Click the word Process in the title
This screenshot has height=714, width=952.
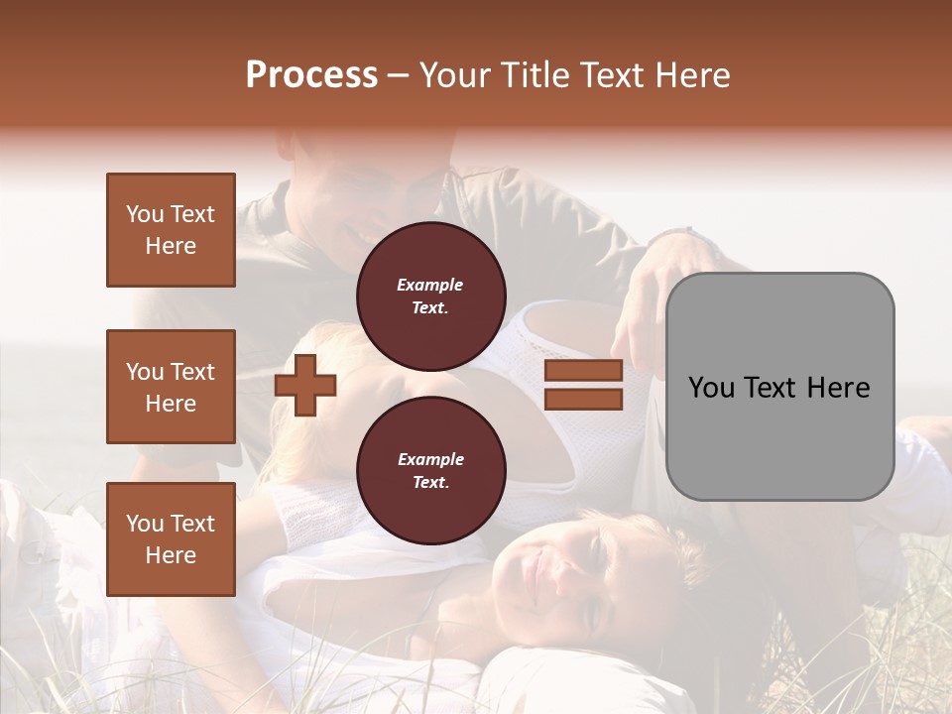click(x=311, y=75)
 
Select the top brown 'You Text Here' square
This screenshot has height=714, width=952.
click(x=171, y=230)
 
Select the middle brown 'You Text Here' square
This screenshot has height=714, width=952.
click(x=171, y=387)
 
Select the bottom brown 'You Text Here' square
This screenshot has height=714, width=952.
click(x=171, y=538)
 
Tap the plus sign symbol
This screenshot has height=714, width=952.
click(x=305, y=384)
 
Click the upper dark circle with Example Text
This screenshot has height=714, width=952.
click(x=430, y=297)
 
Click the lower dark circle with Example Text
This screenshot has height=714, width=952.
click(x=430, y=471)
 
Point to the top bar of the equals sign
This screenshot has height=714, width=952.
click(x=583, y=370)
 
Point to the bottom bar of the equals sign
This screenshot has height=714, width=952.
click(x=583, y=399)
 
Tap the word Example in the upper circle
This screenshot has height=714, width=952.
click(x=430, y=285)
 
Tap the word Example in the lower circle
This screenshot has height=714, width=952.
click(x=430, y=459)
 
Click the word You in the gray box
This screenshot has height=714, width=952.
click(x=712, y=388)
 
